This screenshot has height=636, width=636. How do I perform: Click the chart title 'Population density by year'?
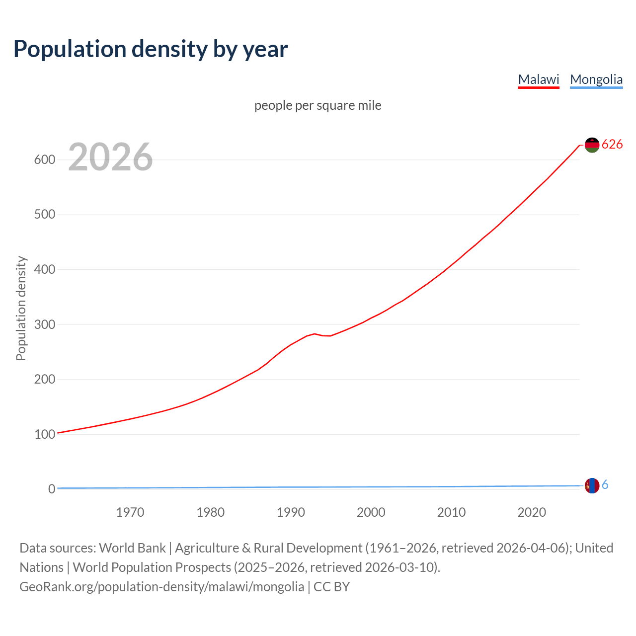(151, 49)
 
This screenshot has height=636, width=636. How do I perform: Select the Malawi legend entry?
(539, 79)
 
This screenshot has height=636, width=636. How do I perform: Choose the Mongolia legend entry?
(596, 79)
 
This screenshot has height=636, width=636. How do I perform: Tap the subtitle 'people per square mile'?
(318, 105)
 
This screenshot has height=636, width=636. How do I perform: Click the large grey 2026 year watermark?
(110, 157)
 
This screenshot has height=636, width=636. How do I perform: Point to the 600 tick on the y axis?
(44, 159)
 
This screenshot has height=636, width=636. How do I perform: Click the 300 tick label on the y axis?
(44, 324)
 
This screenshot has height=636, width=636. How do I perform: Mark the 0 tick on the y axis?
(51, 489)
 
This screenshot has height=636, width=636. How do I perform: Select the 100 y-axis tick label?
(44, 434)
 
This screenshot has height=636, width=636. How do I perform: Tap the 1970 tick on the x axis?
(130, 512)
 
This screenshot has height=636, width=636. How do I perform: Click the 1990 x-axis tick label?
(291, 512)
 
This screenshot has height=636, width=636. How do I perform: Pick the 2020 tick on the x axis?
(532, 512)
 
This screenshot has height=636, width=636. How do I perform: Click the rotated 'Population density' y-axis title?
(21, 308)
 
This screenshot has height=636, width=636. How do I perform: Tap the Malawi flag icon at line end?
(592, 145)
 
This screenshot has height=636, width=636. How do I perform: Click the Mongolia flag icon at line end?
(592, 485)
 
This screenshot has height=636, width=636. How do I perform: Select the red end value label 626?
(612, 144)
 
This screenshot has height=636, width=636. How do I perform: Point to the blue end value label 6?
(605, 485)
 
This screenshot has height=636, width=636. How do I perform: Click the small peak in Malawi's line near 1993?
(315, 334)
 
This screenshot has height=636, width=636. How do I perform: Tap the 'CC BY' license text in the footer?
(331, 586)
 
